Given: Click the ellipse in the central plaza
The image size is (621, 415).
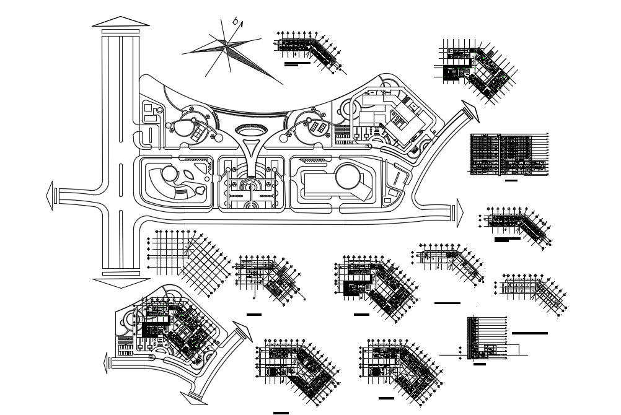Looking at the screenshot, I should pos(251,130).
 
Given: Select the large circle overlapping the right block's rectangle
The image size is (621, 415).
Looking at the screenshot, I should pos(348,178).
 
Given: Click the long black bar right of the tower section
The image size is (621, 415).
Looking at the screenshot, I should pos(530,333).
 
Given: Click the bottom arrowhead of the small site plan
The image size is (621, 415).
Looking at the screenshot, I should pos(192,397).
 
